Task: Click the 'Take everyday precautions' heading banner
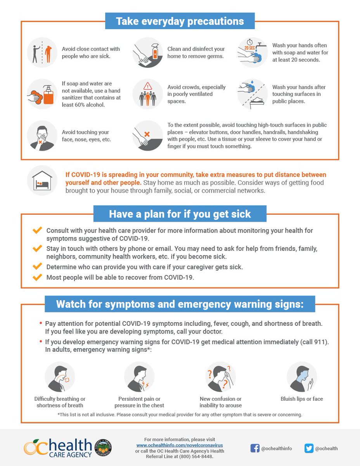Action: (180, 21)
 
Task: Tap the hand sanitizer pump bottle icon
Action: (48, 95)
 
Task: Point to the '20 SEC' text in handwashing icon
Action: (249, 48)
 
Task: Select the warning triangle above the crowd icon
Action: (147, 86)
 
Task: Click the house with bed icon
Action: (42, 180)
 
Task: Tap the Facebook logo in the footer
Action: (255, 448)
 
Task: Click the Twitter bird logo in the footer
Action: (309, 448)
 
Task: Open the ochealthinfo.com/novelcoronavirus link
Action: (180, 445)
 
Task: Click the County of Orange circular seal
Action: (103, 448)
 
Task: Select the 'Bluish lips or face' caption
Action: (302, 399)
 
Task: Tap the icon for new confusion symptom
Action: (220, 377)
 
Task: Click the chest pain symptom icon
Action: (139, 377)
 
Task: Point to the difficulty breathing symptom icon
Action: (60, 377)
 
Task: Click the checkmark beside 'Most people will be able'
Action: (37, 277)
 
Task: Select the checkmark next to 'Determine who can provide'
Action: (37, 266)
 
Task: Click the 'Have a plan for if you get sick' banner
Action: (180, 214)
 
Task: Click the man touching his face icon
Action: (42, 136)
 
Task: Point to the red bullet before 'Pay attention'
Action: (41, 323)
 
